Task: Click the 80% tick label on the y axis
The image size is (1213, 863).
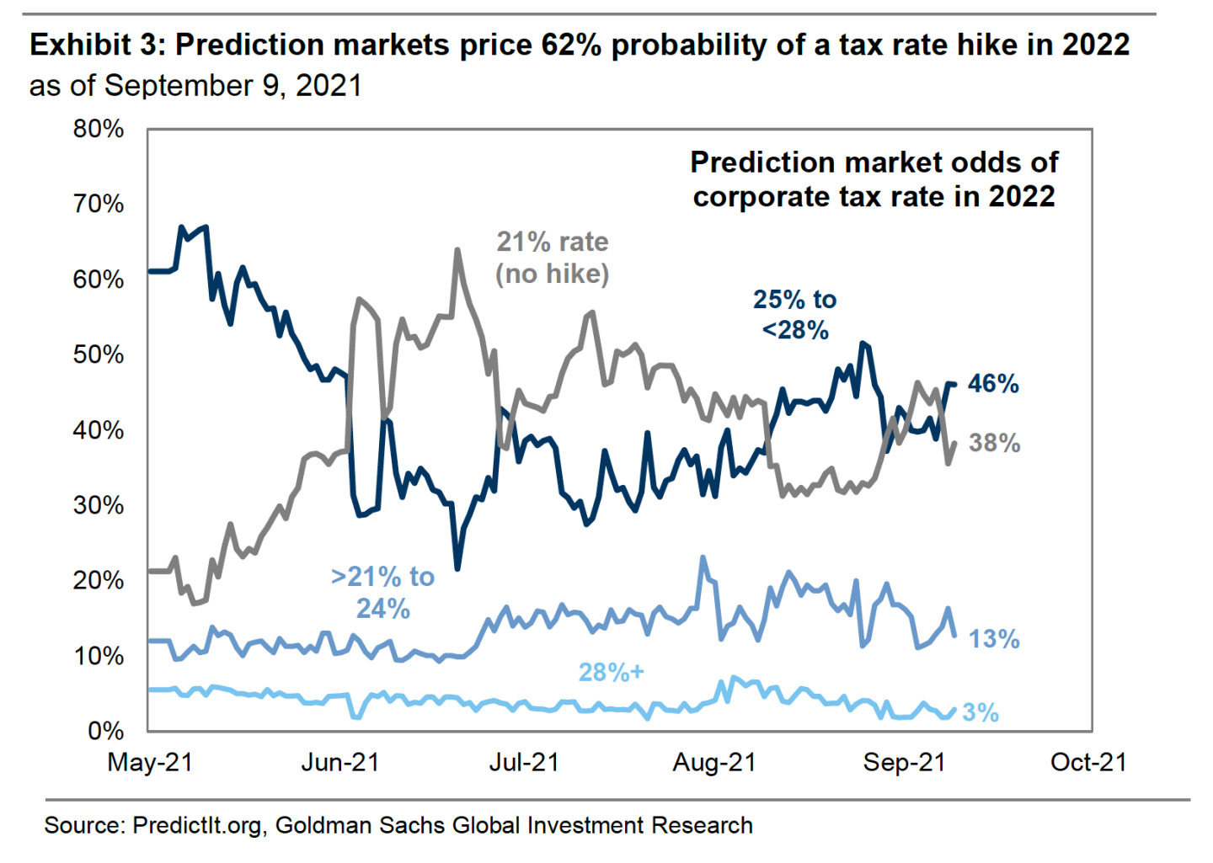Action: [99, 129]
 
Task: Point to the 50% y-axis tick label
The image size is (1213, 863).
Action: [99, 354]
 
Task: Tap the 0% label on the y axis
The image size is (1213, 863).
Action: [106, 730]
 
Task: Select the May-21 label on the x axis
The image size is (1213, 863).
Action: [151, 762]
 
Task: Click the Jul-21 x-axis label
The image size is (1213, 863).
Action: [524, 762]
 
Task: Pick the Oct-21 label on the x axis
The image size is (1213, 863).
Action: [1088, 762]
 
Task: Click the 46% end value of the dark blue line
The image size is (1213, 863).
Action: [993, 384]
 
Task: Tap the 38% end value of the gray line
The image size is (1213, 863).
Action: [994, 443]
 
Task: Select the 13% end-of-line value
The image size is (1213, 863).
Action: [994, 639]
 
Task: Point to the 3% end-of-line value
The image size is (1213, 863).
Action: [981, 713]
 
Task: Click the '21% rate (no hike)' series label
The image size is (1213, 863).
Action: [552, 258]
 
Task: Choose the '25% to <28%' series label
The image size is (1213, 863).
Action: [794, 314]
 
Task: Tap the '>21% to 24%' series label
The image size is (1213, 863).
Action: [383, 592]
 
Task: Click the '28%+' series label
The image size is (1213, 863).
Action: [611, 672]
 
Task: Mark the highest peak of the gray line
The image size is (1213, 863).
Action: [457, 250]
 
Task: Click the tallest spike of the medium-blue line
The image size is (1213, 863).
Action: [703, 557]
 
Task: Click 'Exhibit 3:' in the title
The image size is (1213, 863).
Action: [98, 45]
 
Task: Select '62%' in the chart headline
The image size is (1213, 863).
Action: [571, 45]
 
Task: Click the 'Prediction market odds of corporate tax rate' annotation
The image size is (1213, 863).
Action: [874, 179]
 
